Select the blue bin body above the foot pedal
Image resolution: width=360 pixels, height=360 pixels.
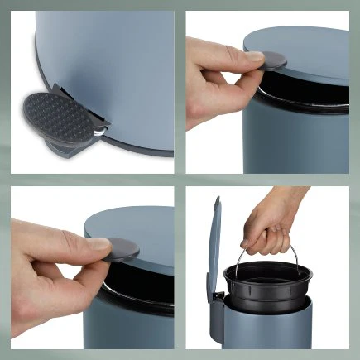(x=124, y=66)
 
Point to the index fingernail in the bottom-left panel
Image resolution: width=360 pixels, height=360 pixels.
(x=98, y=244)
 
